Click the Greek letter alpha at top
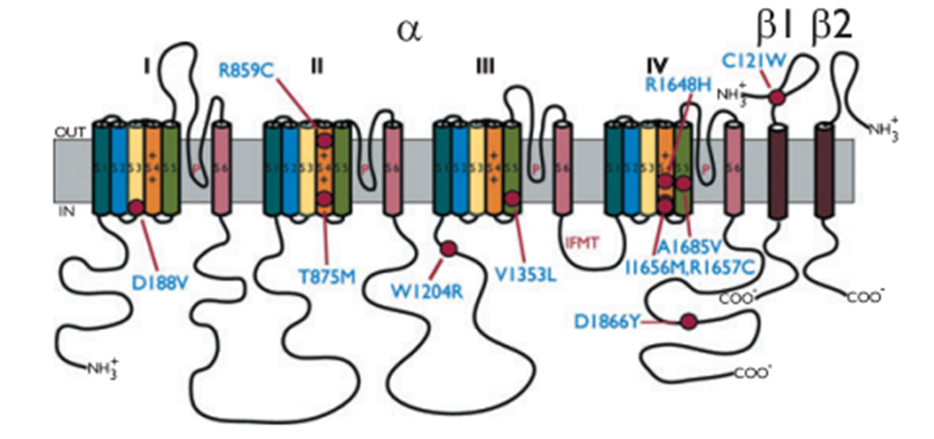coord(412,31)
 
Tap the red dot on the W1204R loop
coord(448,249)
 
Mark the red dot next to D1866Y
coord(689,322)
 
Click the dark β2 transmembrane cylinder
coord(825,171)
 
